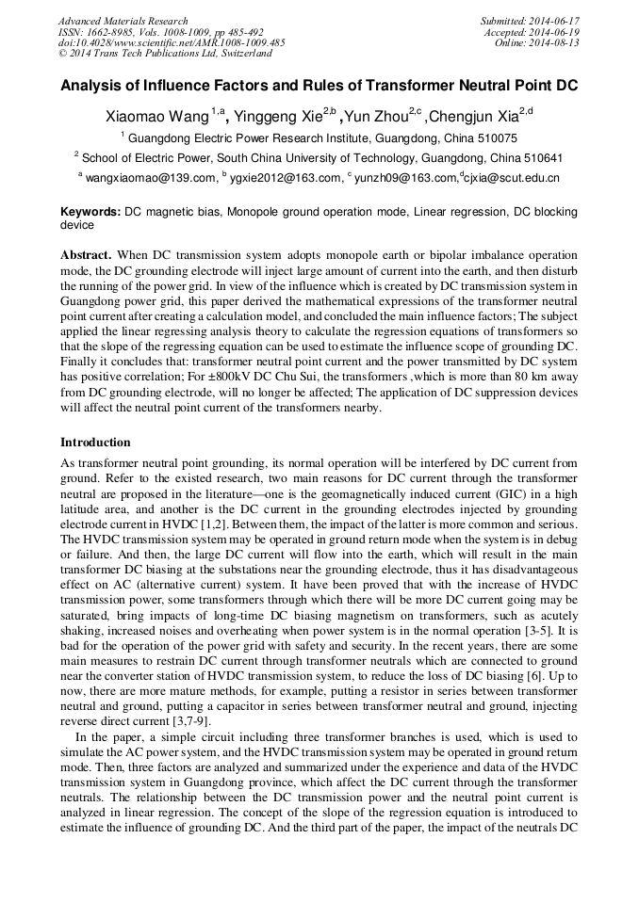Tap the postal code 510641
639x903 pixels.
(542, 157)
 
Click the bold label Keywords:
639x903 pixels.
(90, 213)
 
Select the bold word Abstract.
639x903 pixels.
(87, 255)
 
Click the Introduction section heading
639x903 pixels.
(95, 442)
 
